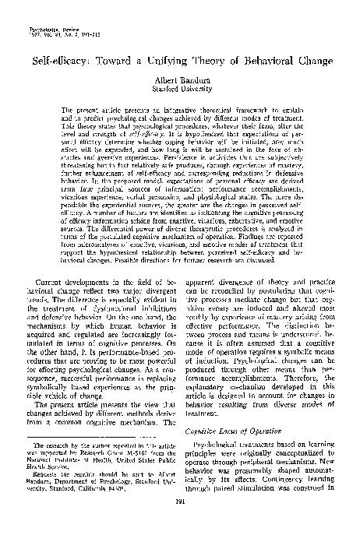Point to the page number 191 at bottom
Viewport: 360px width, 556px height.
tap(180, 523)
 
